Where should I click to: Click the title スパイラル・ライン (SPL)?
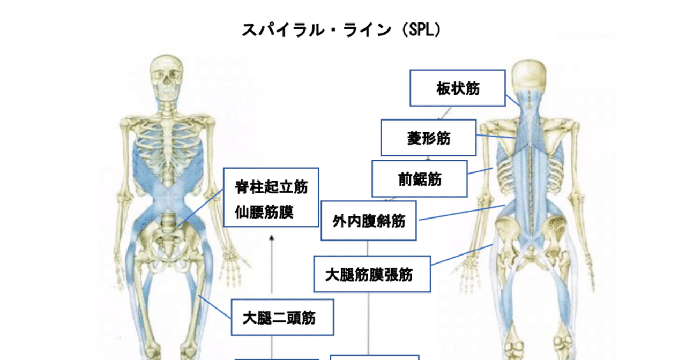(341, 30)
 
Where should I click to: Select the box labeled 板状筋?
(458, 88)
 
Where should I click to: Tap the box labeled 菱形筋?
(428, 138)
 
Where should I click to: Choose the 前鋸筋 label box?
(420, 179)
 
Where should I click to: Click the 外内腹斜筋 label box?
(369, 220)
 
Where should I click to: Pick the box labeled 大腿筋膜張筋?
(372, 274)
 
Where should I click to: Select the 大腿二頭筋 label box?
(282, 318)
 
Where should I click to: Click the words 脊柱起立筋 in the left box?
(271, 187)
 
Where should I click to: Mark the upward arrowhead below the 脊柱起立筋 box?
(272, 238)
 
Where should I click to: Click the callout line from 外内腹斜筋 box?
(461, 212)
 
